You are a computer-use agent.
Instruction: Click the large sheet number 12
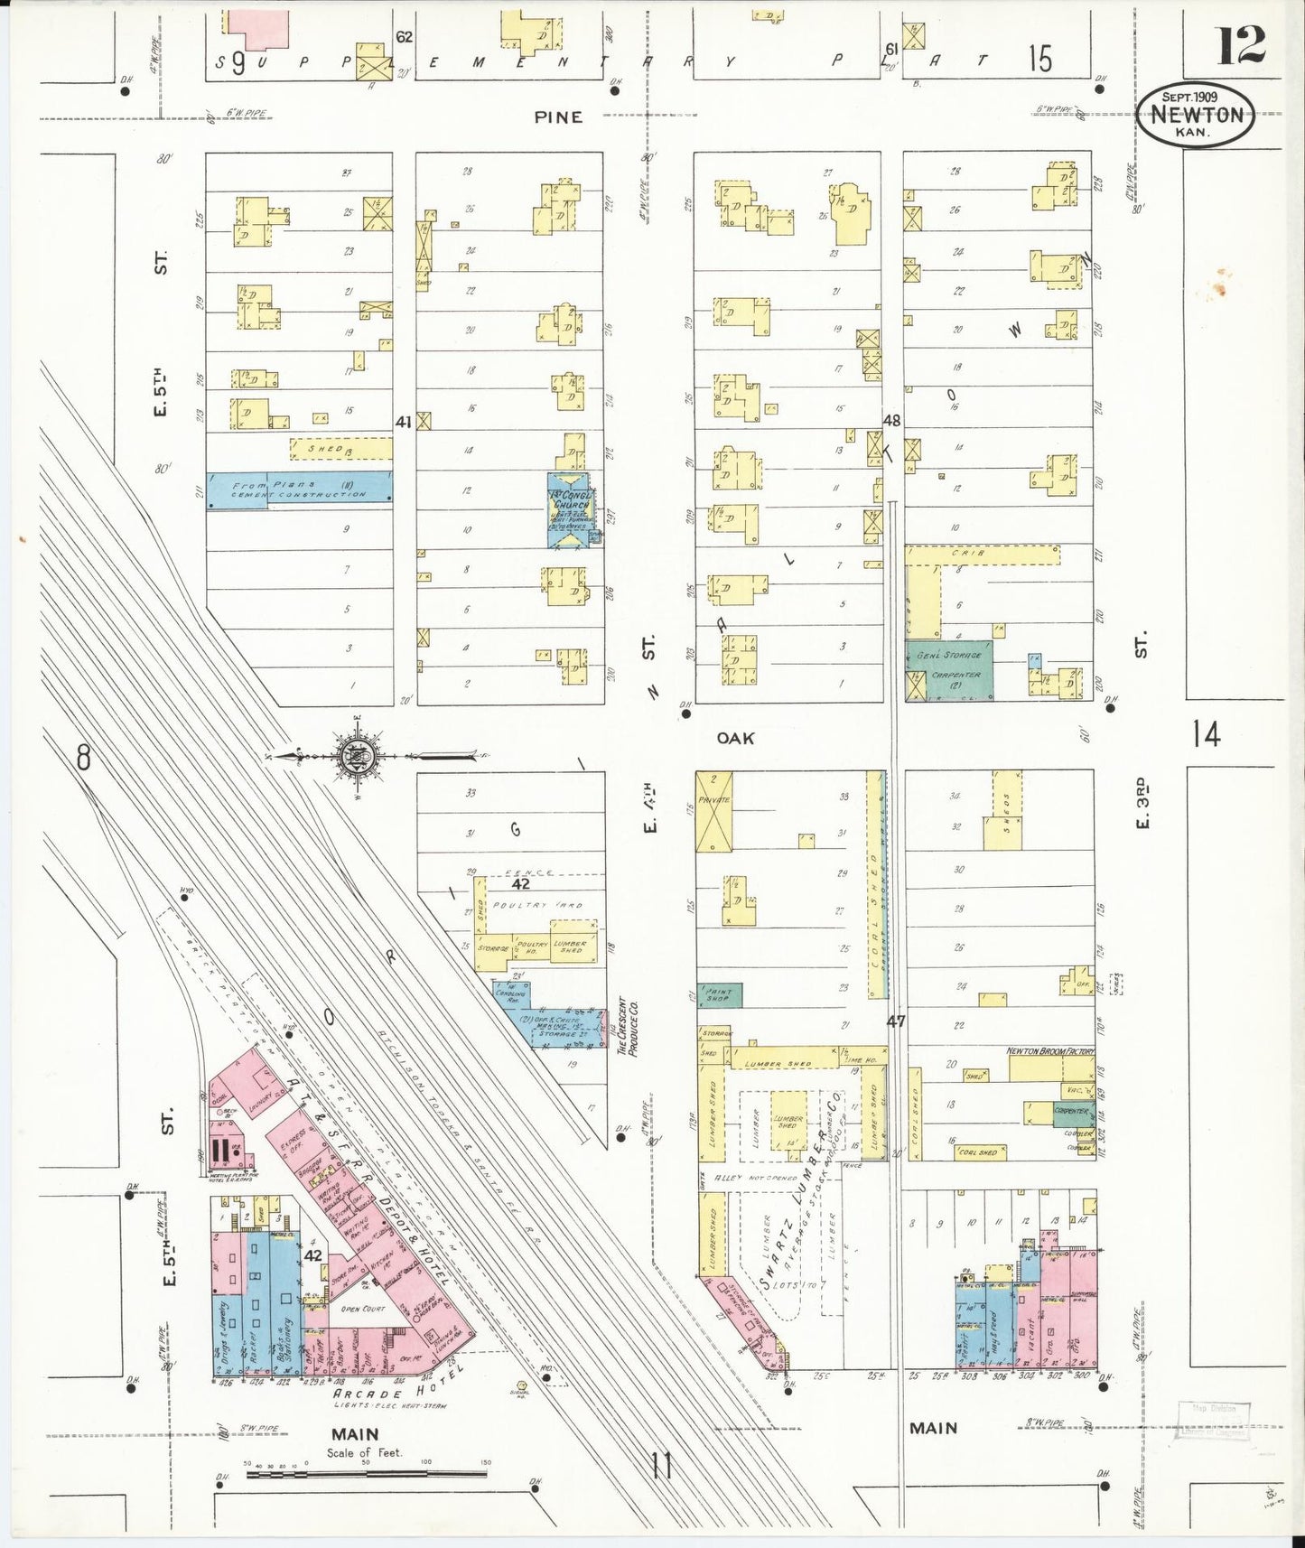(x=1240, y=45)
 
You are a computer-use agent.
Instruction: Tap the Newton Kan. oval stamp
(x=1195, y=115)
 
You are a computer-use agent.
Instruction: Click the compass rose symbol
(x=359, y=755)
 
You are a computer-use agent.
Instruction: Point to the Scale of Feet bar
(x=366, y=1473)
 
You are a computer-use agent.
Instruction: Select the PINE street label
(x=558, y=117)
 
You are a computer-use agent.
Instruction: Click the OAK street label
(x=735, y=738)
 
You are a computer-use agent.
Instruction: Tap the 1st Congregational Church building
(x=570, y=509)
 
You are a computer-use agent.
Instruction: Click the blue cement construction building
(x=299, y=489)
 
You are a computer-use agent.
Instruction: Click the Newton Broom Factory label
(x=1049, y=1051)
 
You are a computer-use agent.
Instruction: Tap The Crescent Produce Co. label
(x=627, y=1027)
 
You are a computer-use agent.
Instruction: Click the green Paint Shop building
(x=719, y=995)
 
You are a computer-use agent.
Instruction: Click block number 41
(x=403, y=421)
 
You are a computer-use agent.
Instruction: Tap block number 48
(x=891, y=420)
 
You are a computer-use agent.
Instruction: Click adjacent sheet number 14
(x=1206, y=733)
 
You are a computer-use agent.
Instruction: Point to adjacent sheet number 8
(x=83, y=757)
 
